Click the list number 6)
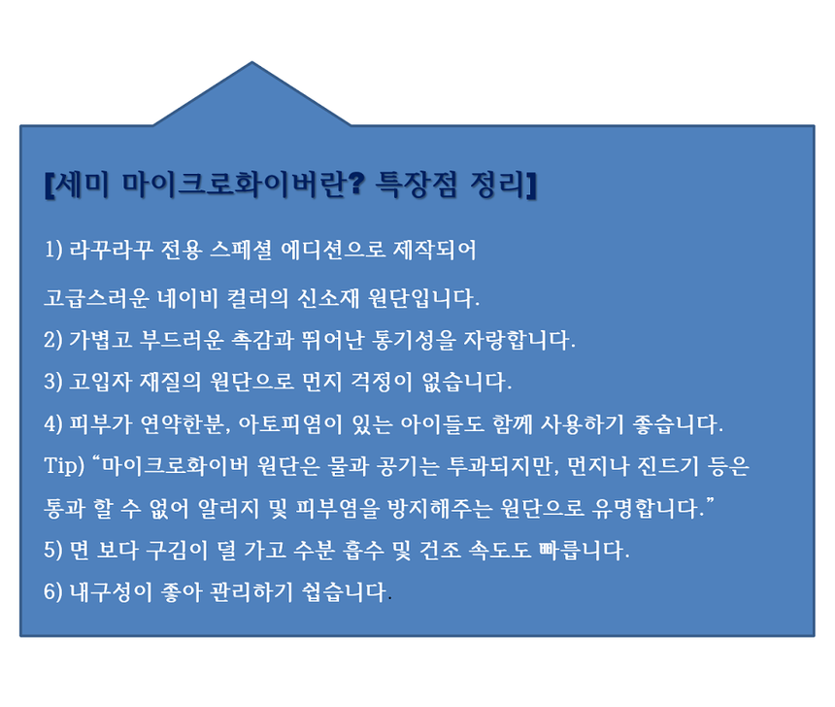point(55,591)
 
